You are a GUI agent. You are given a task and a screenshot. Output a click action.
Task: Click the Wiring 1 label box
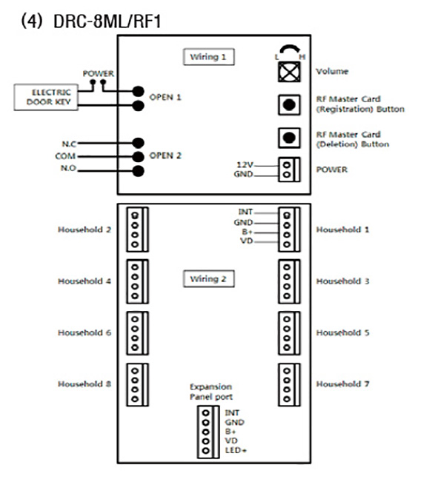pyautogui.click(x=209, y=57)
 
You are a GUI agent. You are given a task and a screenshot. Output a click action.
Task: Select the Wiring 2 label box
pyautogui.click(x=209, y=279)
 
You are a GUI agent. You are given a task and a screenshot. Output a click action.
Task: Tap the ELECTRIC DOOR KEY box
pyautogui.click(x=46, y=97)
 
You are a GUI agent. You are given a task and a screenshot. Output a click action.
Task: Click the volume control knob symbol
pyautogui.click(x=289, y=72)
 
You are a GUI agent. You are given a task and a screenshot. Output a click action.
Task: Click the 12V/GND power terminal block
pyautogui.click(x=289, y=170)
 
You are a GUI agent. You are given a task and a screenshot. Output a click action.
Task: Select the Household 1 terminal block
pyautogui.click(x=289, y=230)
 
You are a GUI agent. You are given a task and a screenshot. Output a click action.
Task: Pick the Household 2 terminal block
pyautogui.click(x=138, y=230)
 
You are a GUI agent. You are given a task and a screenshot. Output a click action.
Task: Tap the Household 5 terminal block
pyautogui.click(x=289, y=333)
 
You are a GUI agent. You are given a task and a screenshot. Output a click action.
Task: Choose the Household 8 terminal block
pyautogui.click(x=138, y=385)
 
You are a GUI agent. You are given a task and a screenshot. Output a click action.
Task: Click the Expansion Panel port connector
pyautogui.click(x=208, y=432)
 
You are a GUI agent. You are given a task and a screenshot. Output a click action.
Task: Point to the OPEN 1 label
pyautogui.click(x=165, y=97)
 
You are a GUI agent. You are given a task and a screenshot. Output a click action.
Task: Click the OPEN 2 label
pyautogui.click(x=165, y=155)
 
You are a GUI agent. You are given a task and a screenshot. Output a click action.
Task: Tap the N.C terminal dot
pyautogui.click(x=138, y=143)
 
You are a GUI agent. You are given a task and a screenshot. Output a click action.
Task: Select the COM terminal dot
pyautogui.click(x=138, y=156)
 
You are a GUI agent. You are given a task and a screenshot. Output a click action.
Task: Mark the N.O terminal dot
pyautogui.click(x=138, y=171)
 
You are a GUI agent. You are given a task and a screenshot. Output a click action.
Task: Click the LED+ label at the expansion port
pyautogui.click(x=236, y=450)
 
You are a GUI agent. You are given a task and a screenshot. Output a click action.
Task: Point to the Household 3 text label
pyautogui.click(x=343, y=281)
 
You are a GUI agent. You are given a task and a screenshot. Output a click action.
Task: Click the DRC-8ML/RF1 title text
pyautogui.click(x=107, y=21)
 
